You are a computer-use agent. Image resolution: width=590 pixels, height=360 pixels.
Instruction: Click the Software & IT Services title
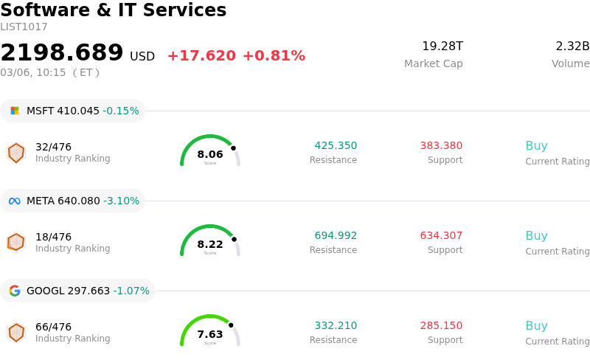(114, 10)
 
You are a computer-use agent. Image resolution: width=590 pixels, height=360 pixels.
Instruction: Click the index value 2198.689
(62, 53)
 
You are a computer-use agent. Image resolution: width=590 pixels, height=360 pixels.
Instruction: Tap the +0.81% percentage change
(274, 56)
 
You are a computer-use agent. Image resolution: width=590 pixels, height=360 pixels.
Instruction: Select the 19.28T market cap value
(442, 46)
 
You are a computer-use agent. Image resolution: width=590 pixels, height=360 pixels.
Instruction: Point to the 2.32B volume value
(572, 46)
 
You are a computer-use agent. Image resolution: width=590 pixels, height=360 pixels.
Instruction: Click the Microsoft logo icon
(15, 111)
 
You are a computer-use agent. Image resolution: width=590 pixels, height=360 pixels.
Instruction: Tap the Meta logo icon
(15, 201)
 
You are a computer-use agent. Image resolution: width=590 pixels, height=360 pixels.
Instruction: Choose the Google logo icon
(15, 291)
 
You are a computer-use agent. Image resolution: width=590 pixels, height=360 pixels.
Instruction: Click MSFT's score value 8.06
(210, 154)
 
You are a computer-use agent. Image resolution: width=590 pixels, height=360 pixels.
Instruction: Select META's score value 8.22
(210, 244)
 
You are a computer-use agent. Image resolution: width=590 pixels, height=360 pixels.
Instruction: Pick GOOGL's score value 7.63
(210, 334)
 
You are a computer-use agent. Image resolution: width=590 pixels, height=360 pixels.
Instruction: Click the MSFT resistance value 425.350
(336, 146)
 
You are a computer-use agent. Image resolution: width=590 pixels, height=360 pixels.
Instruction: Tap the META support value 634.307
(441, 236)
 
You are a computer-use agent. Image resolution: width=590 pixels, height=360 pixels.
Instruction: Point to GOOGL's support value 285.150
(441, 326)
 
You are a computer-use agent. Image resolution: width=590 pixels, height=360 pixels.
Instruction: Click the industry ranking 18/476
(53, 237)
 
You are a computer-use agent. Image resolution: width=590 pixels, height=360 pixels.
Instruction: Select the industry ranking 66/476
(53, 327)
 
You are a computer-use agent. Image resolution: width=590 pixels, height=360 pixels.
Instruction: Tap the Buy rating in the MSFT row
(536, 146)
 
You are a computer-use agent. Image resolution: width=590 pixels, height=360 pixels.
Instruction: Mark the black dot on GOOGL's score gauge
(231, 325)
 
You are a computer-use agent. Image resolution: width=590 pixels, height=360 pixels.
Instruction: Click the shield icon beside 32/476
(16, 153)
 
